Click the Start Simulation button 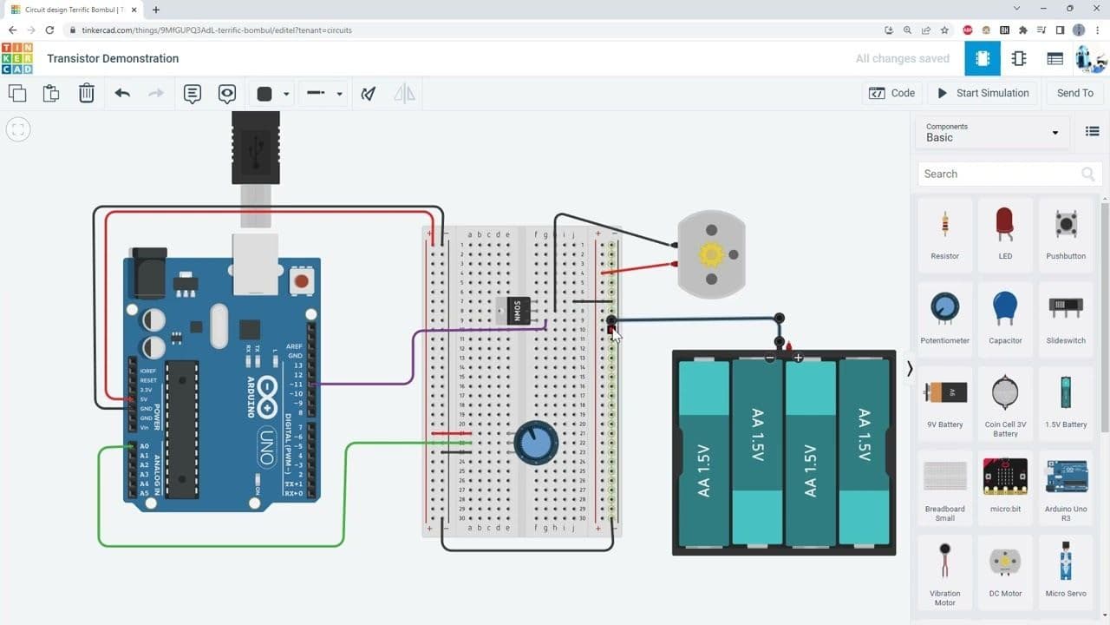tap(983, 93)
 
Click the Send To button tap(1074, 93)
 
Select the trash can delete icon tap(87, 93)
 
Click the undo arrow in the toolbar tap(122, 93)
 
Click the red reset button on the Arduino tap(301, 281)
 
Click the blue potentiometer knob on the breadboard tap(531, 444)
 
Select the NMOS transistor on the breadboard tap(518, 310)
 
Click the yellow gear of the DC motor tap(711, 254)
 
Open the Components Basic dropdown tap(992, 133)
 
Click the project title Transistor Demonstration tap(113, 59)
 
